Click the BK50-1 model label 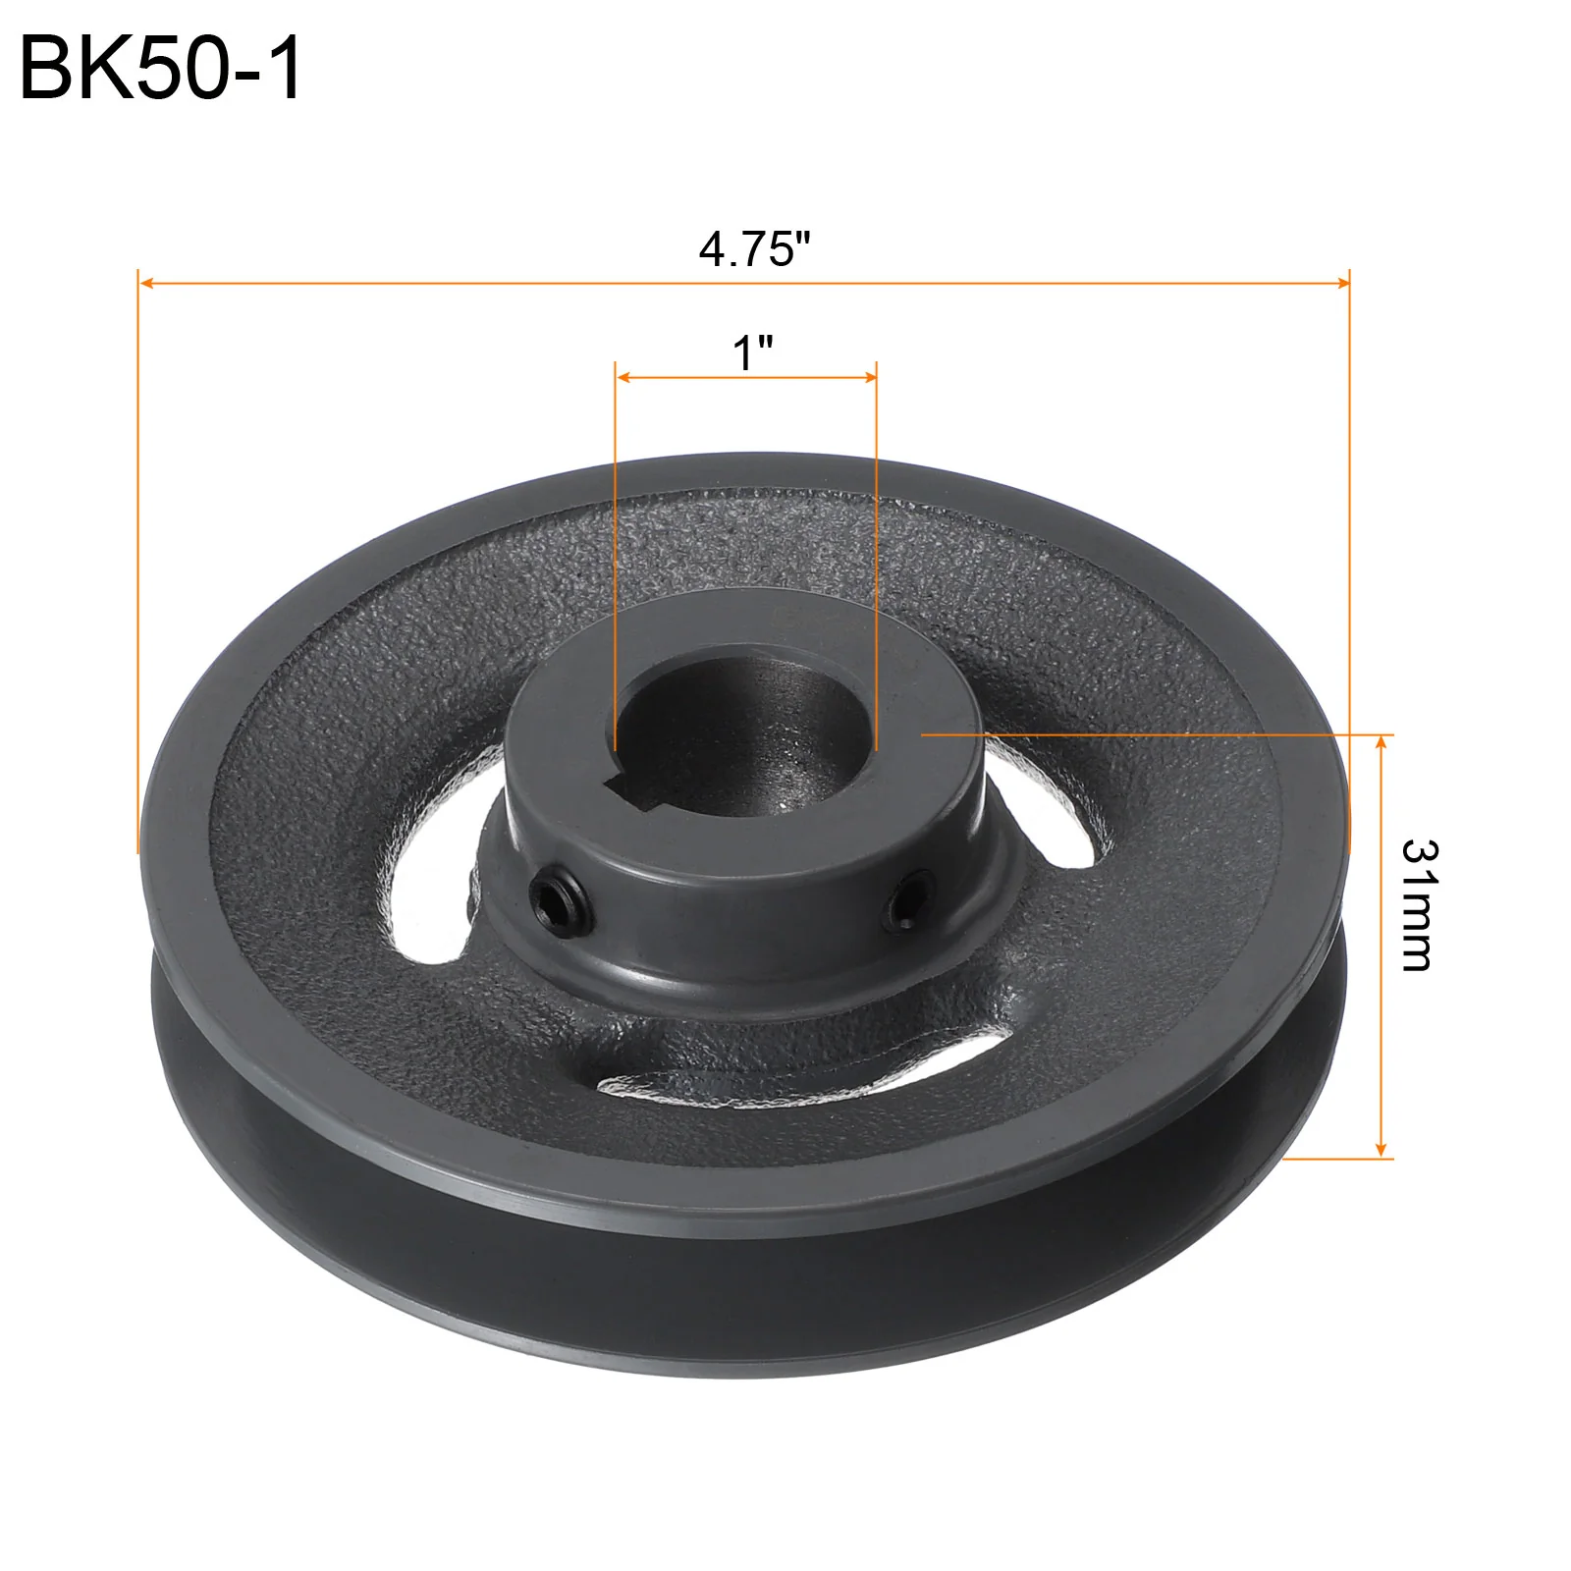click(x=161, y=69)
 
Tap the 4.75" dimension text click(x=755, y=249)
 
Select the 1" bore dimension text click(x=753, y=352)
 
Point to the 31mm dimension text click(x=1418, y=905)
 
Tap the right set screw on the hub click(x=905, y=897)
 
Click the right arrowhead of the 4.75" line click(x=1342, y=284)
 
